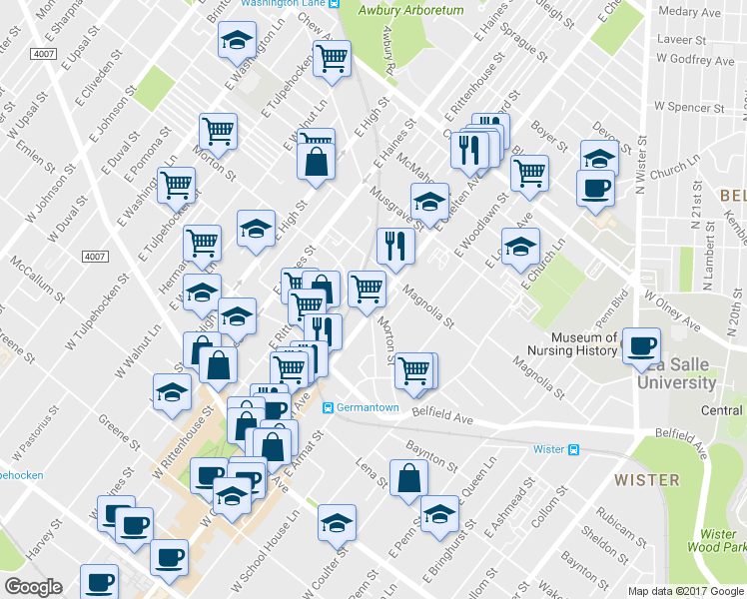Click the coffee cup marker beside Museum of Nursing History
(x=641, y=345)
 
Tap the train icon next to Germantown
(x=327, y=407)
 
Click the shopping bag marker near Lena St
(x=409, y=478)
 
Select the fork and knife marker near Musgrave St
(x=395, y=246)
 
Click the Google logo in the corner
(x=32, y=587)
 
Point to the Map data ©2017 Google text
(x=686, y=591)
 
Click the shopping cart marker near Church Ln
(x=529, y=172)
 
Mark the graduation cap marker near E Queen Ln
(x=438, y=513)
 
